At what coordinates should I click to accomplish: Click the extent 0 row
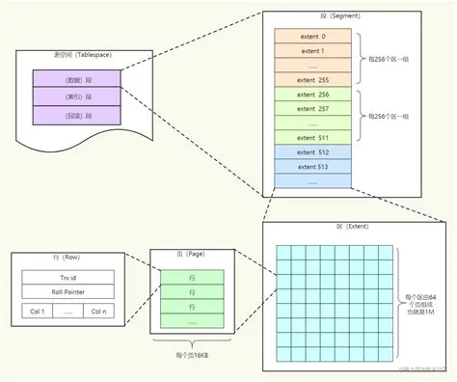[312, 36]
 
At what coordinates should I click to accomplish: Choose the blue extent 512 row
[312, 152]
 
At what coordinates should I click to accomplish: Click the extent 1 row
[312, 51]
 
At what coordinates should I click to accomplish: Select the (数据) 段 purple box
[75, 78]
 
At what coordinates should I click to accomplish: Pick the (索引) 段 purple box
[75, 96]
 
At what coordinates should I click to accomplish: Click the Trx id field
[68, 278]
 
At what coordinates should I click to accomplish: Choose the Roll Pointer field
[68, 292]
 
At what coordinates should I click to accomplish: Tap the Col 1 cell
[37, 312]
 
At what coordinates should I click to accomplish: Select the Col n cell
[99, 312]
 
